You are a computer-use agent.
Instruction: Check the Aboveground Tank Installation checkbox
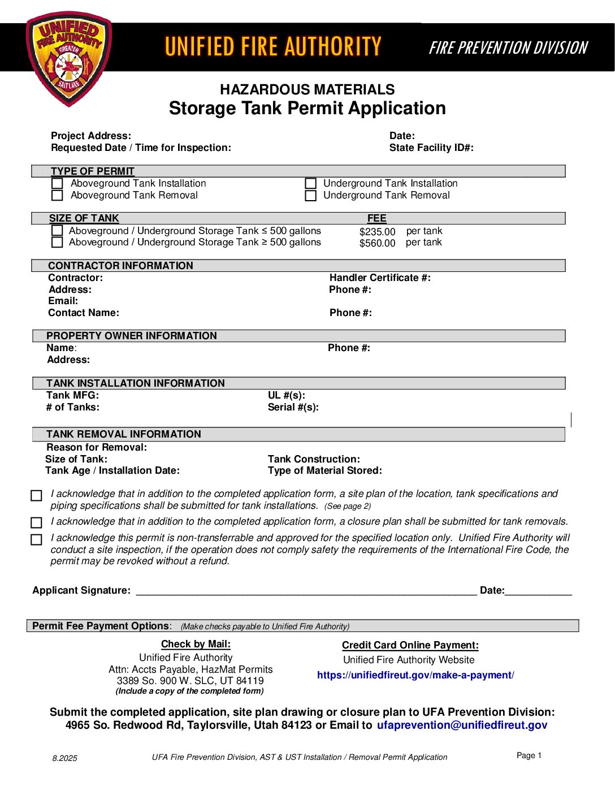click(x=57, y=184)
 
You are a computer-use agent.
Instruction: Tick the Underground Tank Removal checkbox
click(x=310, y=196)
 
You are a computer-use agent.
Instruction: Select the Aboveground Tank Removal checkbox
click(x=57, y=196)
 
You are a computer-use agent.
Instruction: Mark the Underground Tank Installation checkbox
click(x=310, y=184)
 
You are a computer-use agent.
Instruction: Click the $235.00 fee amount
click(x=377, y=232)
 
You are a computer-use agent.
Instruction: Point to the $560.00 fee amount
click(x=377, y=243)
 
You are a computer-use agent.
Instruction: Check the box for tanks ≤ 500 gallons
click(x=57, y=231)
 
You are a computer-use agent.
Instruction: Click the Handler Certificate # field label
click(x=380, y=278)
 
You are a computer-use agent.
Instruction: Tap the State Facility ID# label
click(x=431, y=148)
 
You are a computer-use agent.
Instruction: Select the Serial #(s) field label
click(x=293, y=407)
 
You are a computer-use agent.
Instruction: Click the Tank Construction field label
click(x=314, y=459)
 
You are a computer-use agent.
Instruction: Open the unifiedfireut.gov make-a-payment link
click(x=415, y=675)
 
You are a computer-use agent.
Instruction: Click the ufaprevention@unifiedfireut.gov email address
click(x=462, y=725)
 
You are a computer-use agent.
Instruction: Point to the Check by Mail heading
click(x=196, y=644)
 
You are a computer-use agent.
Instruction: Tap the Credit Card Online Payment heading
click(x=410, y=645)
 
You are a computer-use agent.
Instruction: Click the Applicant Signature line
click(x=306, y=592)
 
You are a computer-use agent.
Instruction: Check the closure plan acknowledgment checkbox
click(x=37, y=522)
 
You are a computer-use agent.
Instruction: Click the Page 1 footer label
click(x=529, y=755)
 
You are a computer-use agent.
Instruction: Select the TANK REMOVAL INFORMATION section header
click(x=124, y=434)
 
